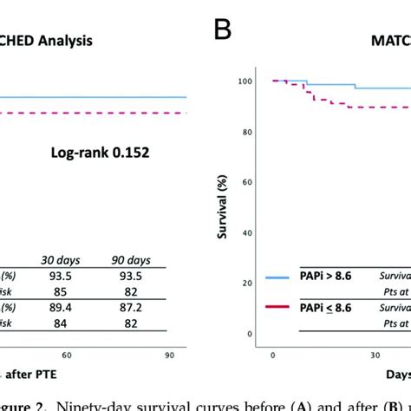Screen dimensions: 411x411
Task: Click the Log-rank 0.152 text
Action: coord(98,153)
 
